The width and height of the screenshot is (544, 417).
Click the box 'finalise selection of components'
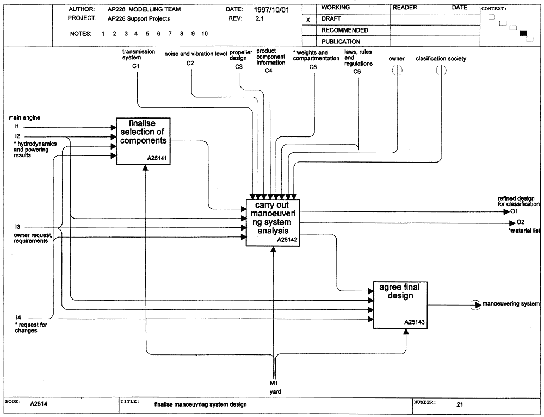pos(143,141)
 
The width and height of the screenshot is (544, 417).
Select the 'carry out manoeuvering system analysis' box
pos(273,222)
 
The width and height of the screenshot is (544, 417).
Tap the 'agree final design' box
pos(400,305)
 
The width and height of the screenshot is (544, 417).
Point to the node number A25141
pos(157,158)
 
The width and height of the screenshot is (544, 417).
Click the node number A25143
pos(414,322)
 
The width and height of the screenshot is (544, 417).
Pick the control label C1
pos(135,66)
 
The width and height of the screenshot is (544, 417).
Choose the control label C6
pos(357,71)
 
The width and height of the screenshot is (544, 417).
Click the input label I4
pos(18,318)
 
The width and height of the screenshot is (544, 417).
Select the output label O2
pos(521,222)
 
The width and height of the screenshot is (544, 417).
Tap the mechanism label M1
pos(274,383)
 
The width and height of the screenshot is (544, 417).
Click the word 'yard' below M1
pos(275,391)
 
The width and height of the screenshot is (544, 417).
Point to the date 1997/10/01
pos(271,10)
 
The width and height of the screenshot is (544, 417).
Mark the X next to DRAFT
pos(308,20)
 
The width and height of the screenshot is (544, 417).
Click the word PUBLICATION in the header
pos(341,42)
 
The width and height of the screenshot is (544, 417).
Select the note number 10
pos(205,34)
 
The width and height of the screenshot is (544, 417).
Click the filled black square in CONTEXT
pos(523,33)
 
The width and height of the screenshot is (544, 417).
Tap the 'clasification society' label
pos(441,59)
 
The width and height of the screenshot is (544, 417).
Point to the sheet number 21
pos(460,404)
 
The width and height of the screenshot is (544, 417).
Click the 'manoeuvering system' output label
pos(511,304)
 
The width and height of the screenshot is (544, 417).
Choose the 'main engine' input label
pos(24,118)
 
